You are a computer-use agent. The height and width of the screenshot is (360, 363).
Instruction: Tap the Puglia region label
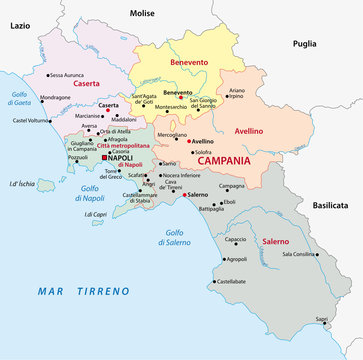pyautogui.click(x=304, y=43)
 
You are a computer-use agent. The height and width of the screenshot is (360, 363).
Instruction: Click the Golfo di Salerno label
pyautogui.click(x=177, y=237)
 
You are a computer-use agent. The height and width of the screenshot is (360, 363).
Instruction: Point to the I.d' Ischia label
pyautogui.click(x=22, y=183)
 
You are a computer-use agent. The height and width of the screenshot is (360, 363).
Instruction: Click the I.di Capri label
pyautogui.click(x=95, y=214)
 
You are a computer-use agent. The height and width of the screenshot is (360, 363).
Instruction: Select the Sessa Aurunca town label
pyautogui.click(x=67, y=75)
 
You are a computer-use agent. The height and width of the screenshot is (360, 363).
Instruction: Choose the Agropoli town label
pyautogui.click(x=236, y=259)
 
